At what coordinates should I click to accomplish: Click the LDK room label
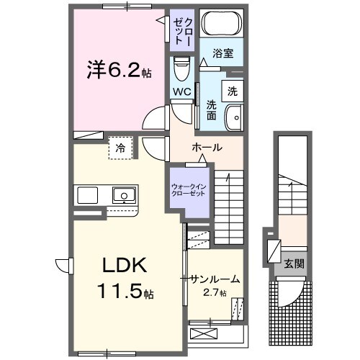point(123,266)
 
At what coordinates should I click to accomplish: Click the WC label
point(181,91)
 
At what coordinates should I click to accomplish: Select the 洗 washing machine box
point(232,91)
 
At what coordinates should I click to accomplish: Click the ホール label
point(205,148)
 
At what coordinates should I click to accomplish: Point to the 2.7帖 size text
point(214,292)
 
